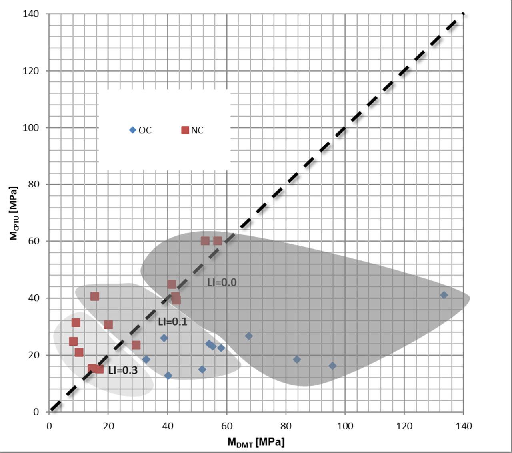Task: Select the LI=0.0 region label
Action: [x=222, y=282]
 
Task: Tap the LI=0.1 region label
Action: [x=172, y=322]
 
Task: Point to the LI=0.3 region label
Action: [x=123, y=370]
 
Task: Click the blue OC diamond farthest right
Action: [x=444, y=295]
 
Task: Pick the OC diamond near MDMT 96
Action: [x=332, y=366]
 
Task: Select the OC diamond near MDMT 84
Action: [x=297, y=359]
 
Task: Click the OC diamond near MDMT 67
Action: [x=249, y=336]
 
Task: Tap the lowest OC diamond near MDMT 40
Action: [x=168, y=375]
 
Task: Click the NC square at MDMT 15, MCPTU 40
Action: [x=94, y=296]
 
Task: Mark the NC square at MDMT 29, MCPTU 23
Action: [x=136, y=345]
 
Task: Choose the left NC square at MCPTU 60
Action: [x=205, y=241]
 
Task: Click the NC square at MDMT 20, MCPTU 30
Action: [x=108, y=324]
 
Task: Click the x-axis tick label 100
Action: [x=345, y=426]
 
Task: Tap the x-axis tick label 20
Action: [x=108, y=426]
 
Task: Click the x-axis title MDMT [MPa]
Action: [x=256, y=442]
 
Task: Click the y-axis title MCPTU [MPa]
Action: [x=14, y=213]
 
